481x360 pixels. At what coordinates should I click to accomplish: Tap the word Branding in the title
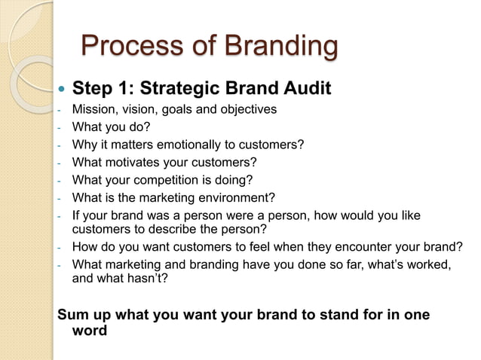coord(279,47)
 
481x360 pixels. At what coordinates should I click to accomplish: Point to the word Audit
coord(306,90)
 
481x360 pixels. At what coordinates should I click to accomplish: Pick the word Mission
coord(93,110)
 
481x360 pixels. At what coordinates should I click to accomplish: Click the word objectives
coord(248,110)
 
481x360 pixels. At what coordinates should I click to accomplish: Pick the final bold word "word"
coord(90,330)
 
